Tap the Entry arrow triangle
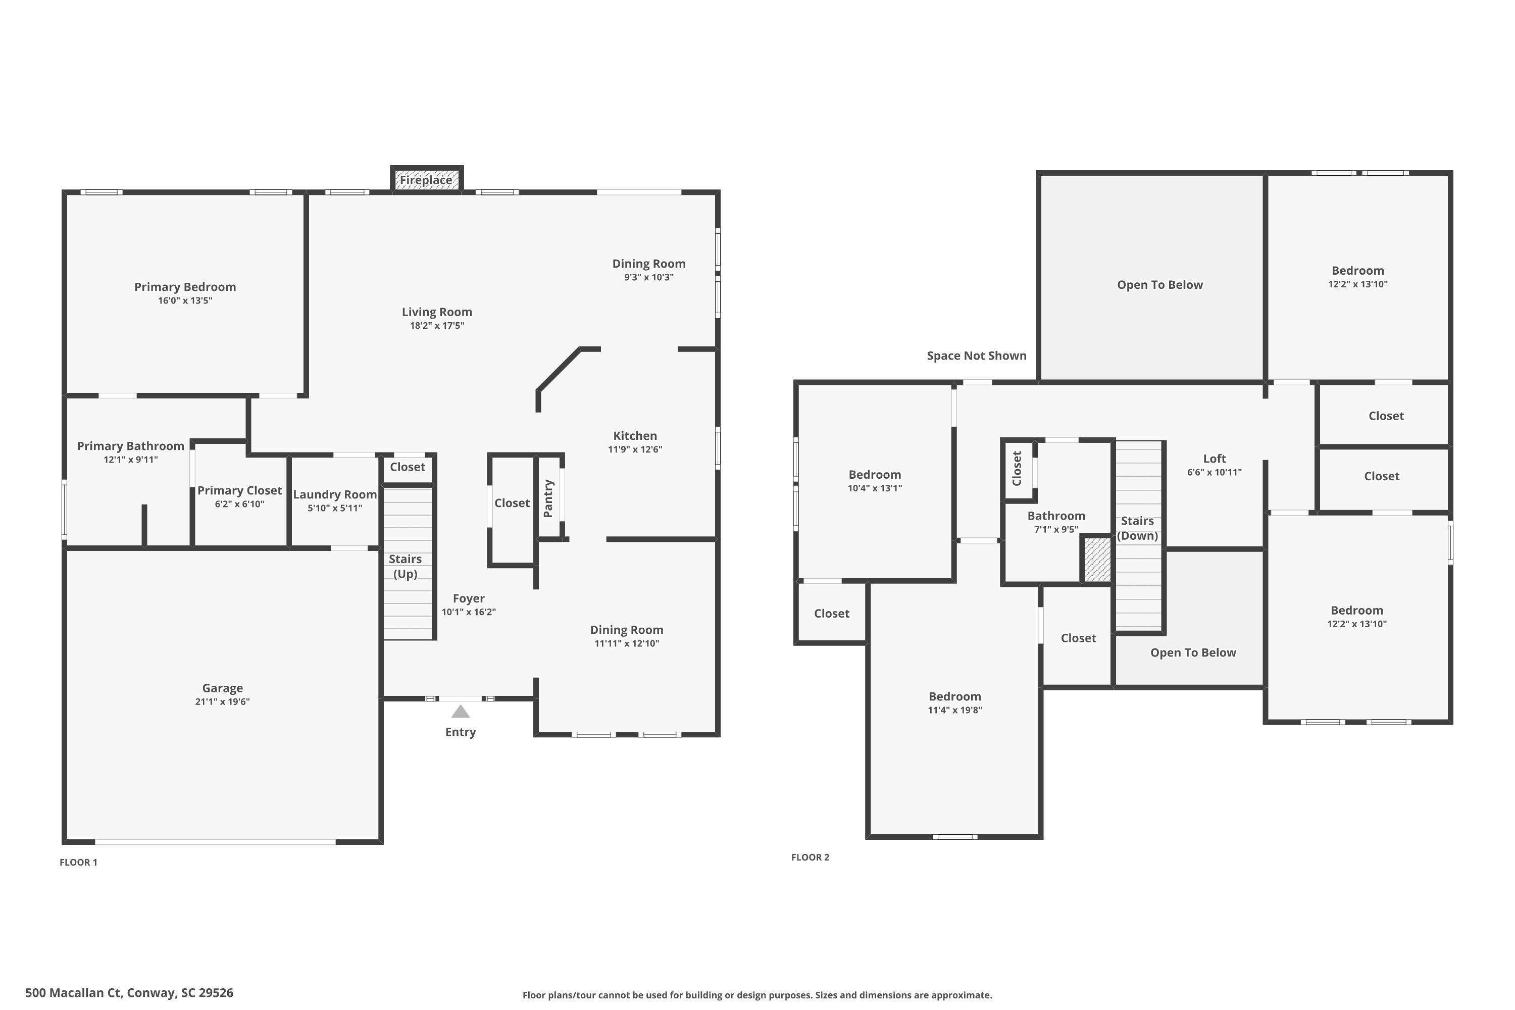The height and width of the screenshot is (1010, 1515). tap(460, 711)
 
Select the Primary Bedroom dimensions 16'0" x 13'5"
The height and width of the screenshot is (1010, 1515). tap(185, 300)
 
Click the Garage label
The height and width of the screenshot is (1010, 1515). tap(222, 688)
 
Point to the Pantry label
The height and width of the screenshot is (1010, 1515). tap(548, 498)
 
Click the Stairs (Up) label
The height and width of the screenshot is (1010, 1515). tap(405, 566)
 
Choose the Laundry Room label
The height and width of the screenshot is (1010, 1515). tap(335, 494)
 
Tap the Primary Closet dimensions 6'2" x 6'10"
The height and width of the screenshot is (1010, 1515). tap(239, 503)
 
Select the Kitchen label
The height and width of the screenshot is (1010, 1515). tap(635, 435)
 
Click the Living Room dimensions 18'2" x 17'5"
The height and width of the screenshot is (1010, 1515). tap(437, 325)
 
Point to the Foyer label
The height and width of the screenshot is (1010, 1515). tap(468, 598)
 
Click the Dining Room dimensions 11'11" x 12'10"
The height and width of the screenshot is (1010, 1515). tap(627, 643)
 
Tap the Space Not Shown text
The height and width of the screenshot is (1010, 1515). tap(977, 356)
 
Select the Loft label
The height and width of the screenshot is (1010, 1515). tap(1214, 458)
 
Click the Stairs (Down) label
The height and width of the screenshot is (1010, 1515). tap(1138, 528)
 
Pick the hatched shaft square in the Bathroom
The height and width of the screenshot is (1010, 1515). tap(1097, 559)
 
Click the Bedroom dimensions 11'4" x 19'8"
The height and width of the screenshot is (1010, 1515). tap(954, 710)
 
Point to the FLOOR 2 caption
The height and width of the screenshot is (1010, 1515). tap(811, 856)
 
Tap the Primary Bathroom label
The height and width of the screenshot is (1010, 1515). tap(131, 446)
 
